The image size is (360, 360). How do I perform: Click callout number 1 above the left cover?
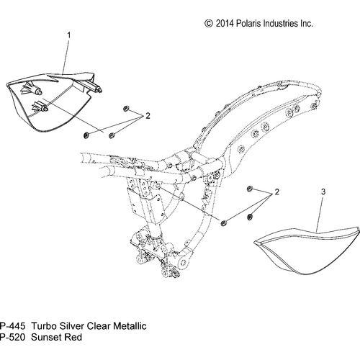click(69, 35)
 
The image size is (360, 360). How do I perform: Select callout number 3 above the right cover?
click(323, 192)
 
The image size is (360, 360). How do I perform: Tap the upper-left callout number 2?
click(148, 116)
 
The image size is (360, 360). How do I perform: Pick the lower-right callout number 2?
click(277, 192)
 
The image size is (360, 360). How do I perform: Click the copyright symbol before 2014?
click(209, 24)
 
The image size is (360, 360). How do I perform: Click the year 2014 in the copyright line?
click(225, 24)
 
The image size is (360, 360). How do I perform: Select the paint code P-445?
click(12, 326)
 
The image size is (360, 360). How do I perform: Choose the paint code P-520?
click(12, 337)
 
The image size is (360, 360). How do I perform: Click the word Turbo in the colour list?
click(44, 326)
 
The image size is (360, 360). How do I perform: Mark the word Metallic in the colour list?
click(130, 326)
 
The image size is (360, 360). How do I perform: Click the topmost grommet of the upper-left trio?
click(125, 109)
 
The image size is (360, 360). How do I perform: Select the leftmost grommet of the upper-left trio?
click(86, 135)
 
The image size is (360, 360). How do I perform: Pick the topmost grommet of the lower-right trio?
click(249, 189)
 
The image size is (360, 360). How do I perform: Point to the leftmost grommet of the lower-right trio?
click(224, 223)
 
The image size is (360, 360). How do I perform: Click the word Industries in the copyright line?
click(281, 24)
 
